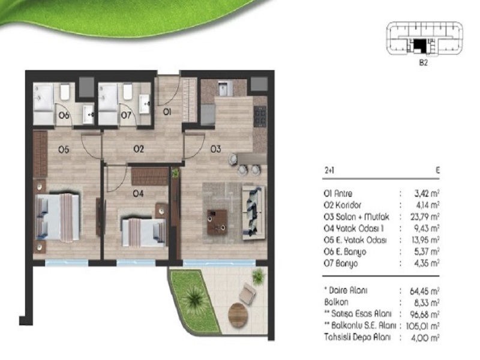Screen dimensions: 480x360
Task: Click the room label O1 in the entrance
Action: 167,112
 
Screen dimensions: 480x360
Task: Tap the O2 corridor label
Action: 139,149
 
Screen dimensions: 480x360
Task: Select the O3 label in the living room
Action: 215,149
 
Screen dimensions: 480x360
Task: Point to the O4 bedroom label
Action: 138,193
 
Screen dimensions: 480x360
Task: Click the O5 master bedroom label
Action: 64,149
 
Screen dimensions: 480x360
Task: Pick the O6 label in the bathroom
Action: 64,115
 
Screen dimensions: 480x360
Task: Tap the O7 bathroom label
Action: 126,115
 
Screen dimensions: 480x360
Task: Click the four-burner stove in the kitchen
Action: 260,116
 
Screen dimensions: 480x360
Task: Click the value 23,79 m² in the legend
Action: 425,217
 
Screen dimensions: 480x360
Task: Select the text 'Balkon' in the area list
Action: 336,302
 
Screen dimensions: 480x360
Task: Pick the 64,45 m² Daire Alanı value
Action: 425,290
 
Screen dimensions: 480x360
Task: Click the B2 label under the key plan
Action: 423,63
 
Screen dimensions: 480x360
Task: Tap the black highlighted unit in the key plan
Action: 419,46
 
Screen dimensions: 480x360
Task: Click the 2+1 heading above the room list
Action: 329,170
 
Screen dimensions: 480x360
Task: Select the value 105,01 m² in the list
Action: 423,326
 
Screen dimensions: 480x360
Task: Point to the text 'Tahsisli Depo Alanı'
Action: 357,337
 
